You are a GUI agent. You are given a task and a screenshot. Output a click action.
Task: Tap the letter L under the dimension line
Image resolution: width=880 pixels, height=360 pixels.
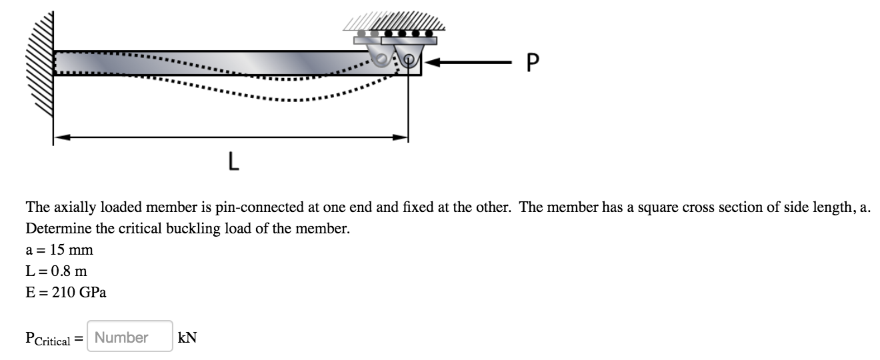[233, 161]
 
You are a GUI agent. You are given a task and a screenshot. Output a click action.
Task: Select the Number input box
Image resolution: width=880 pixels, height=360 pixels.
[129, 337]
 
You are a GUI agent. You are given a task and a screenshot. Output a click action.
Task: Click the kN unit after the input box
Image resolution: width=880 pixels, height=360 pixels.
[187, 337]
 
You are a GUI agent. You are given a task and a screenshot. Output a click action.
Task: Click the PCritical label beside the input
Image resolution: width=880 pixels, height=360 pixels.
[48, 339]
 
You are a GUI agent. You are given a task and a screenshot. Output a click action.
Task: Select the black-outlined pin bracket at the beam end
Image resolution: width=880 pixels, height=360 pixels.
[408, 54]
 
